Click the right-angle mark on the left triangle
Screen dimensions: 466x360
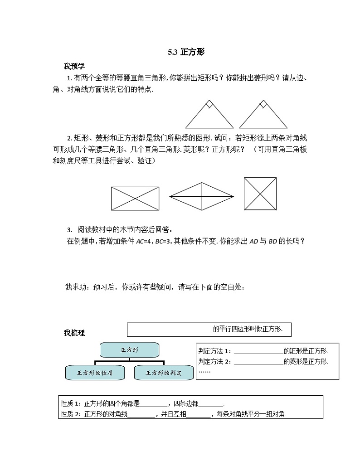tap(209, 105)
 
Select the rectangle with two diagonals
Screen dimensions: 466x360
tap(135, 198)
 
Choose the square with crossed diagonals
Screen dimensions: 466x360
tap(260, 194)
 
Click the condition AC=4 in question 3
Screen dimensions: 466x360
tap(145, 241)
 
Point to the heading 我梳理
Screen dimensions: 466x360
tap(74, 333)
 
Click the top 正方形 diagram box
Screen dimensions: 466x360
tap(129, 350)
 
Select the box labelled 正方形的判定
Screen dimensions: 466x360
tap(163, 373)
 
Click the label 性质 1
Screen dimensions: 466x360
tap(70, 403)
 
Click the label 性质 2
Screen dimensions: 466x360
tap(70, 413)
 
